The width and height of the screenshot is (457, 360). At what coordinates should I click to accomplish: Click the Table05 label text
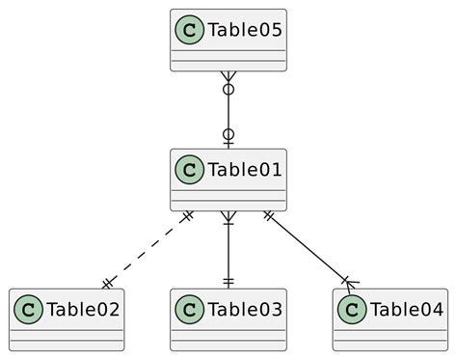[x=244, y=31]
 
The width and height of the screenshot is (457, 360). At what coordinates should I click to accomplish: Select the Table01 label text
[x=244, y=171]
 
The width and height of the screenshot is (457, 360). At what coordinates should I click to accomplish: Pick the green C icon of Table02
[x=27, y=310]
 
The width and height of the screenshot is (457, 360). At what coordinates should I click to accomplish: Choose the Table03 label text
[x=244, y=310]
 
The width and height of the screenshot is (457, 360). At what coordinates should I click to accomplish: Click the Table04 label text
[x=406, y=310]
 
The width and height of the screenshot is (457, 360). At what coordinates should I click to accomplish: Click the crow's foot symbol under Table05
[x=228, y=78]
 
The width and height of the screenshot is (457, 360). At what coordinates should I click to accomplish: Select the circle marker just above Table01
[x=228, y=135]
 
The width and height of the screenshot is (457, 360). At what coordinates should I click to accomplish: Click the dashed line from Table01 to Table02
[x=148, y=247]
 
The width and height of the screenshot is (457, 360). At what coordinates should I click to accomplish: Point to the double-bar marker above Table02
[x=108, y=282]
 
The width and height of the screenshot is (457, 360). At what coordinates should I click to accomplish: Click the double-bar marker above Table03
[x=228, y=281]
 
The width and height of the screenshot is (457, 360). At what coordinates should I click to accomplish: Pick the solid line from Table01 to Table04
[x=309, y=248]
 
